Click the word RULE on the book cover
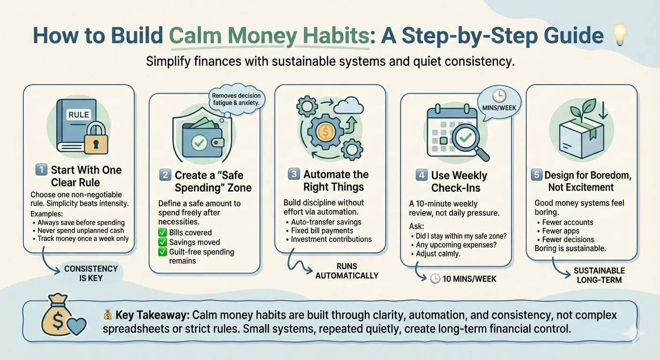78,114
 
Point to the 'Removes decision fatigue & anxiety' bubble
236,99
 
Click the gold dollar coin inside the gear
326,132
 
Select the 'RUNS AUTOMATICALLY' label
347,271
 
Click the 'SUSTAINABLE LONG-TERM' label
599,275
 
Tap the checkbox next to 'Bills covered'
163,232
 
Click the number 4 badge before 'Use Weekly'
421,176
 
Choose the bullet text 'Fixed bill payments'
322,231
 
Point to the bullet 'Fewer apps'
561,231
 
